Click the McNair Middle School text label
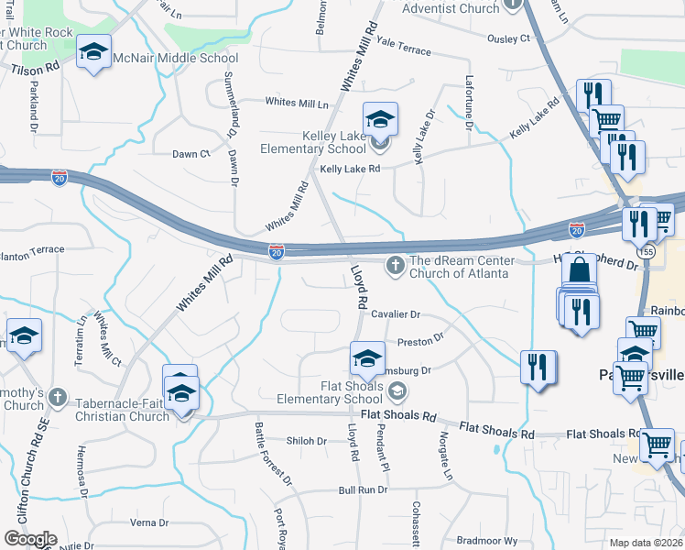[x=175, y=58]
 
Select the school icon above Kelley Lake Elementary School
[x=380, y=120]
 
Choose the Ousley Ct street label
[x=509, y=38]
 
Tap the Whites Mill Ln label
[x=298, y=103]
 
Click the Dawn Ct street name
[x=191, y=154]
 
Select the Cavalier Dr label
[x=396, y=314]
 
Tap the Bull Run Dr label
[x=359, y=491]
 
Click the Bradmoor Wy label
[x=487, y=541]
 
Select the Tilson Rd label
[x=36, y=68]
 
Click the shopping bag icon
[x=579, y=271]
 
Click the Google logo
[x=30, y=539]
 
